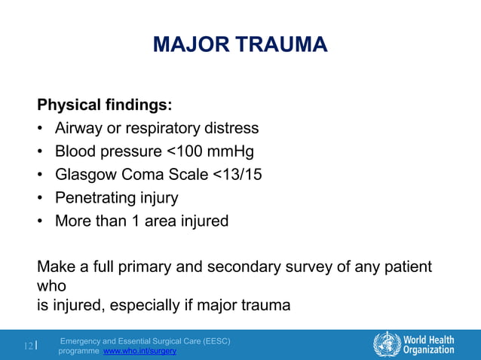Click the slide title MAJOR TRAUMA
pos(240,44)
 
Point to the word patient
pos(406,267)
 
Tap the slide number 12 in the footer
pos(29,346)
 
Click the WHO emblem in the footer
pos(387,344)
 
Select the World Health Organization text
pos(429,344)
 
